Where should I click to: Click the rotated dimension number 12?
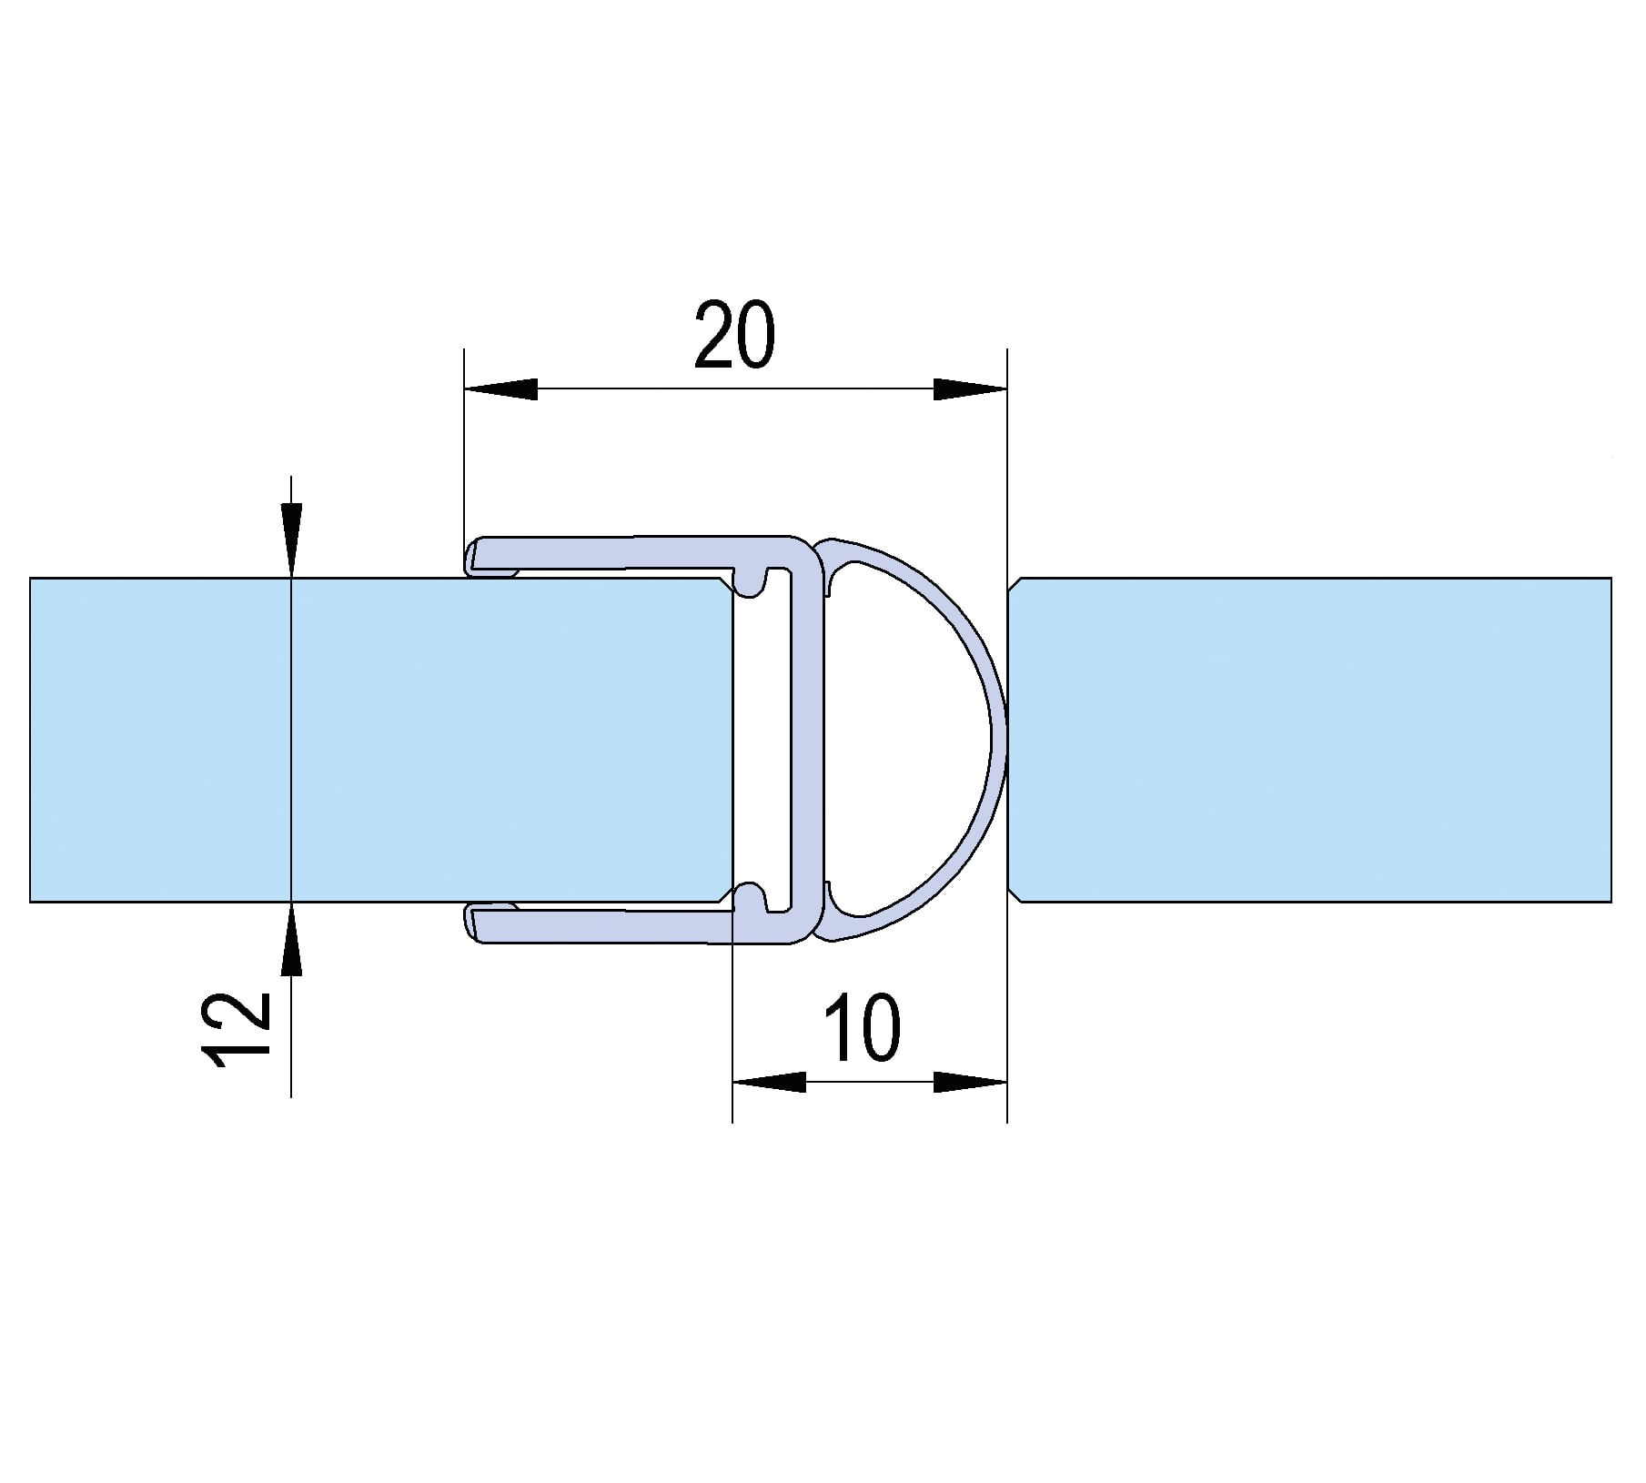pyautogui.click(x=237, y=1027)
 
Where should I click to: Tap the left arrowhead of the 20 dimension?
pyautogui.click(x=500, y=389)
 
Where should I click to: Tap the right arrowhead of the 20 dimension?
pyautogui.click(x=971, y=389)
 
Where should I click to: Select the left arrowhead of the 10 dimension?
pyautogui.click(x=769, y=1082)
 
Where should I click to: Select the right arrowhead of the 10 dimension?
pyautogui.click(x=971, y=1082)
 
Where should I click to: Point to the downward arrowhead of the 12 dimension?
pyautogui.click(x=290, y=540)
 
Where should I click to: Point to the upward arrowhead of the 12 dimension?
pyautogui.click(x=290, y=939)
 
